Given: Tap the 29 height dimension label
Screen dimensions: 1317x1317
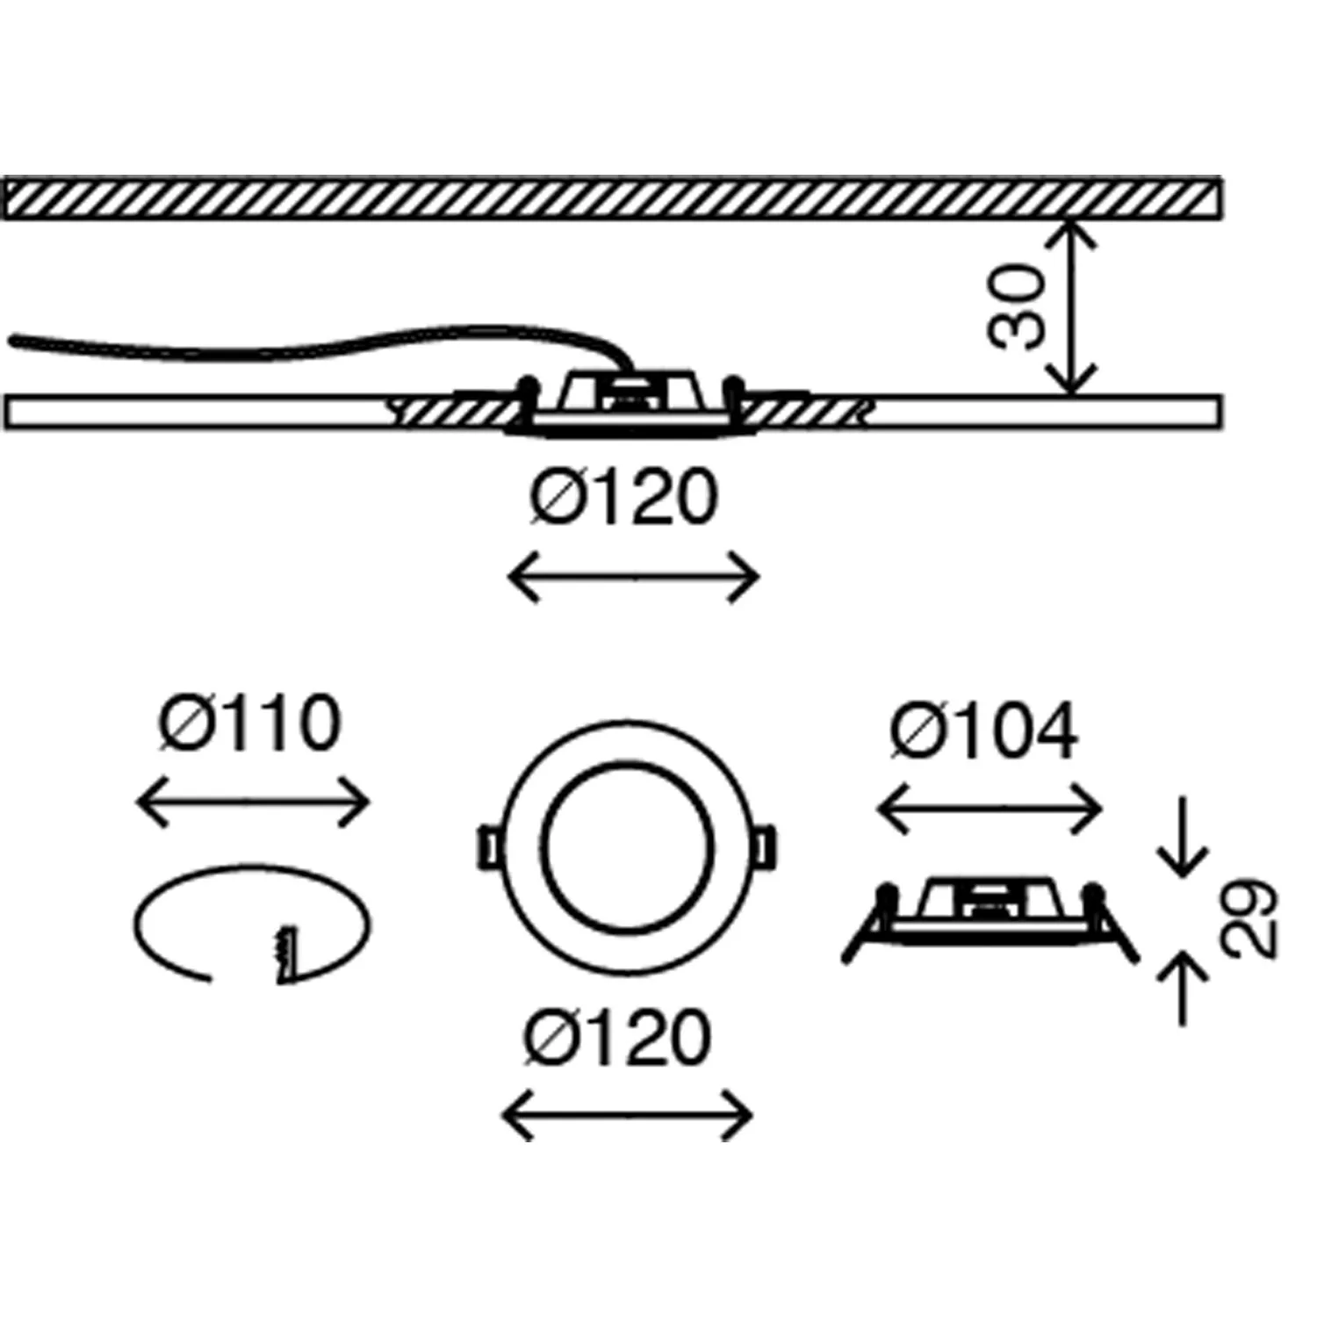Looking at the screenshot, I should point(1249,917).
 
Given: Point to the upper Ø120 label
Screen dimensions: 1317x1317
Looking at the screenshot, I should point(624,498).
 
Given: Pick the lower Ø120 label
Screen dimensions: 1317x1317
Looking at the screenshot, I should point(617,1038).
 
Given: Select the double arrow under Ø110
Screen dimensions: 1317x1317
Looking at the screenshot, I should point(253,802).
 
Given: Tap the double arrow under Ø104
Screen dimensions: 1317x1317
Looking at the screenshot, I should point(990,809).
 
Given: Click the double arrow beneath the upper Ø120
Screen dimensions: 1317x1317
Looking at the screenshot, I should point(633,578).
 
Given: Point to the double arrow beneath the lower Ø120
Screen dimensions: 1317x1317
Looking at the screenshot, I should point(627,1116).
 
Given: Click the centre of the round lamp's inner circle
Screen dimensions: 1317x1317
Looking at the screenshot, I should point(627,846).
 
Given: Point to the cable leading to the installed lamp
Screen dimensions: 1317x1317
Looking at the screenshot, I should point(307,345).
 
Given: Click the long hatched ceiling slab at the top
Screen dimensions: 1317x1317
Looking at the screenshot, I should point(612,198).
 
